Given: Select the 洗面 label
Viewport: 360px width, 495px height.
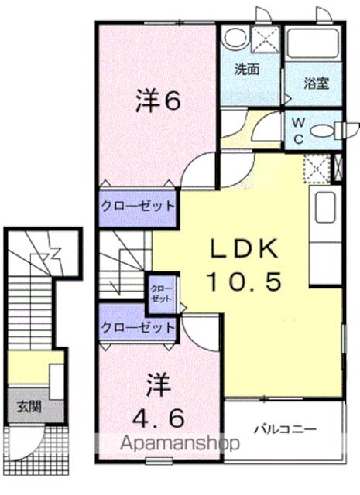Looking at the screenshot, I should pyautogui.click(x=247, y=68).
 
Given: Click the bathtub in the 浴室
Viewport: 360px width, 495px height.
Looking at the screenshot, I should pyautogui.click(x=310, y=44).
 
